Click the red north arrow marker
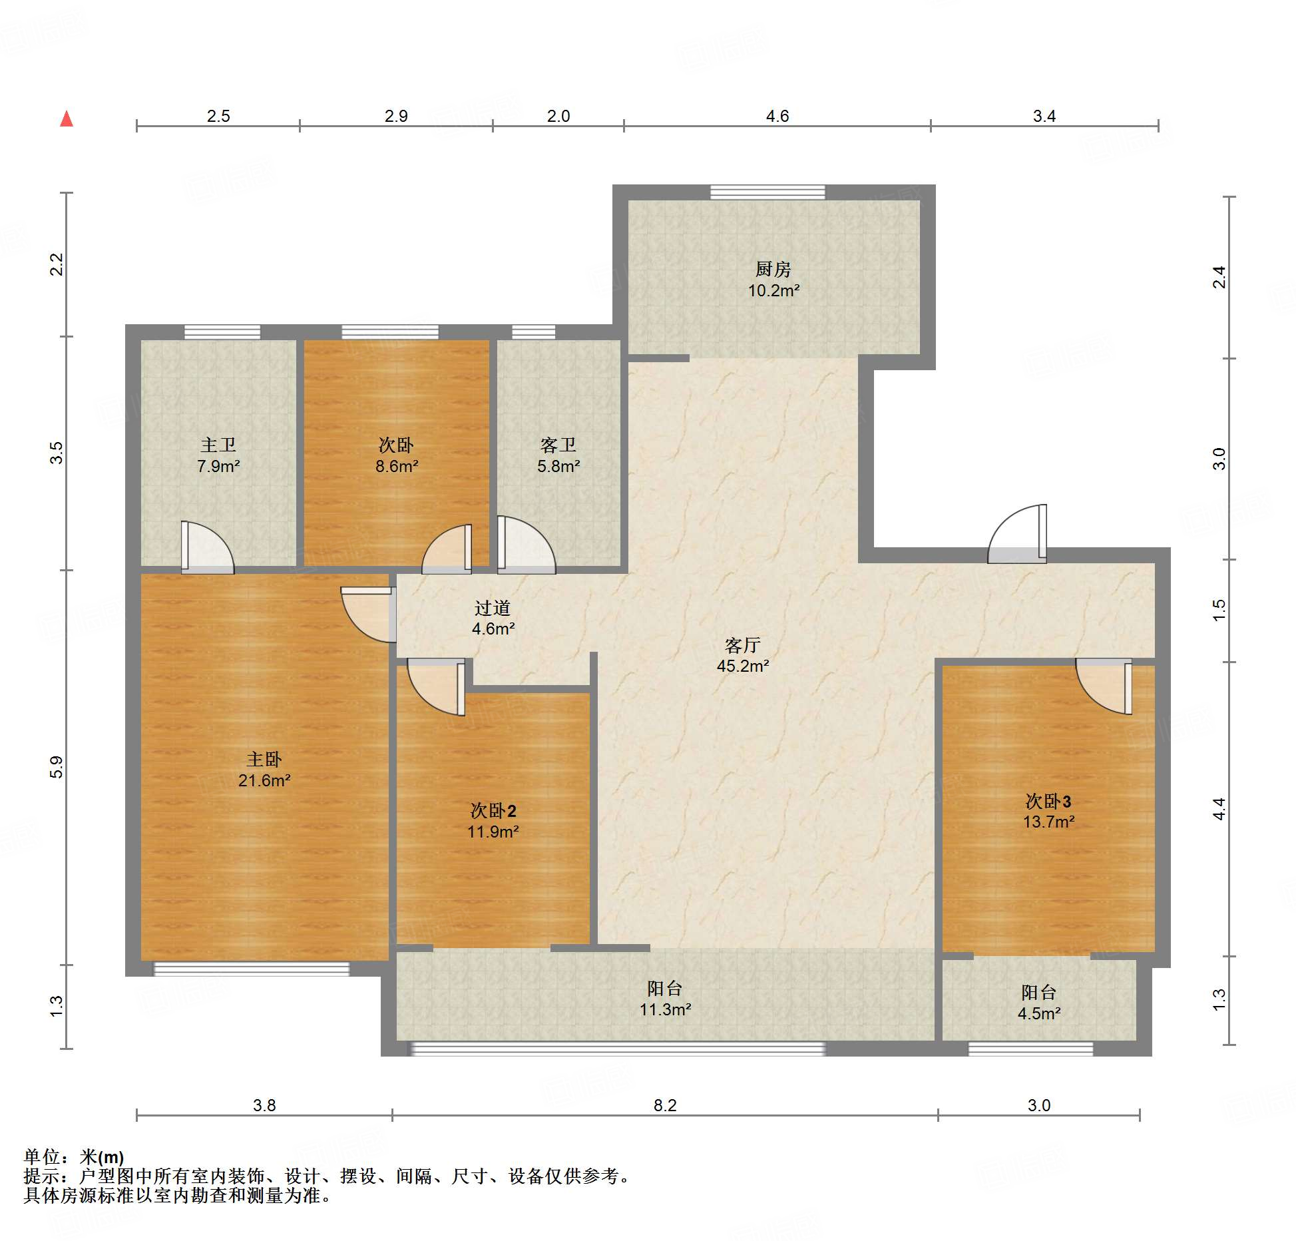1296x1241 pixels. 67,119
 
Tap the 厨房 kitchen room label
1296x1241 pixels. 773,269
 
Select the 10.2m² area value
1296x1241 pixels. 773,290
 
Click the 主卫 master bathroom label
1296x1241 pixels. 218,445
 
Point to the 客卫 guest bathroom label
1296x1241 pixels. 558,445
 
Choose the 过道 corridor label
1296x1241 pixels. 493,608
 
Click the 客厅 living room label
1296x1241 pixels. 743,645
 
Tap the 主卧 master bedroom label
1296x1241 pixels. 264,759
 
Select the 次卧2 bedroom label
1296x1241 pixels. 493,810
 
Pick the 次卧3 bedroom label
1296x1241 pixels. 1048,800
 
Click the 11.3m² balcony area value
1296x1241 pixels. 665,1009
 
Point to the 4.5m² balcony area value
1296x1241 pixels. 1039,1013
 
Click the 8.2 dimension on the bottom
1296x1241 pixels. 665,1105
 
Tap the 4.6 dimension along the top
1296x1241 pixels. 777,116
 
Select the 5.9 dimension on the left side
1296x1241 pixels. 57,767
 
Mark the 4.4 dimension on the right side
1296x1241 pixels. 1219,809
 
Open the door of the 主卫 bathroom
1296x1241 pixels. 208,547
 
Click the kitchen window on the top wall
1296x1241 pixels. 767,192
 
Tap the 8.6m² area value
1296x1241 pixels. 397,466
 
